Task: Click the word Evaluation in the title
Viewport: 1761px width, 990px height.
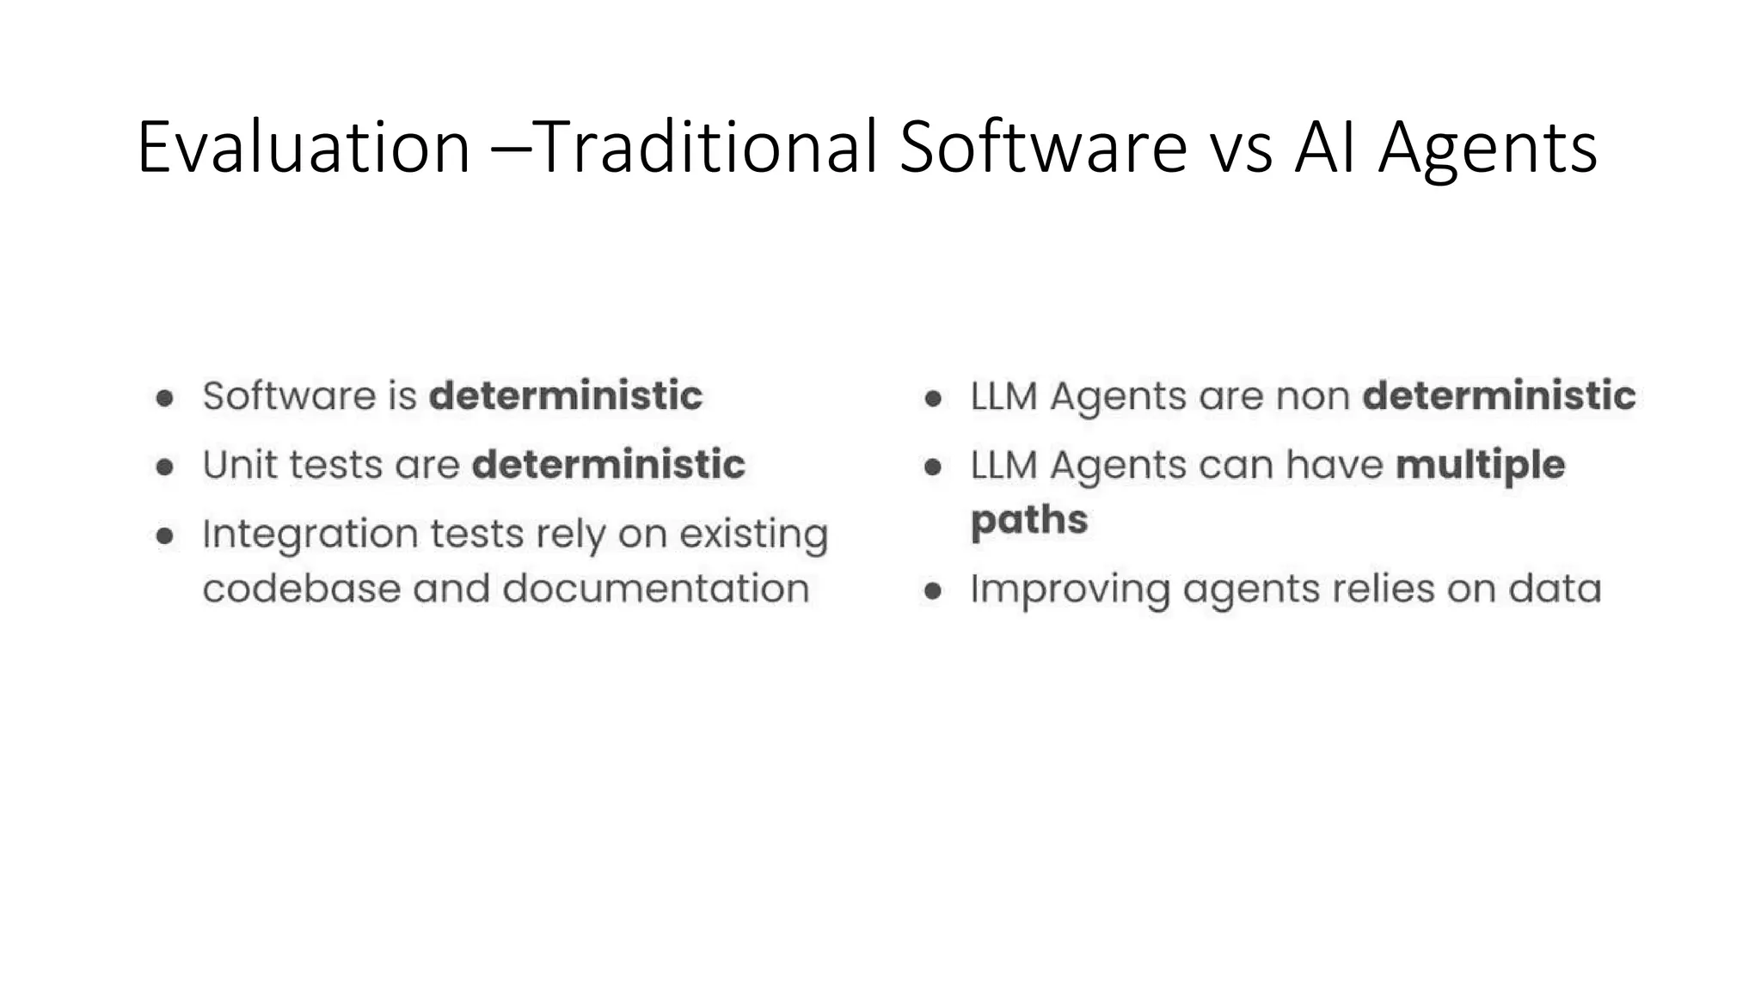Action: point(304,148)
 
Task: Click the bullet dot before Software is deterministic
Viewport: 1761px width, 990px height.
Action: point(165,398)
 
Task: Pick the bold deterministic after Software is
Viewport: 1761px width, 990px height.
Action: point(566,396)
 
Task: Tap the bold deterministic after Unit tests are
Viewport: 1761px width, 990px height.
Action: point(609,465)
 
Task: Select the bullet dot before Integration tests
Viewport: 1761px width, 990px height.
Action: point(165,536)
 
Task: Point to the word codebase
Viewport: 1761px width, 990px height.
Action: point(301,589)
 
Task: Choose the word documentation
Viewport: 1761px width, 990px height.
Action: point(656,589)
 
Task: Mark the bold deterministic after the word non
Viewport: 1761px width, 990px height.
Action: point(1500,396)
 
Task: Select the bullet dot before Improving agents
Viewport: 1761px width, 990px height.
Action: point(933,591)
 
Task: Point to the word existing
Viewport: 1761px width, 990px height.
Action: point(753,535)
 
